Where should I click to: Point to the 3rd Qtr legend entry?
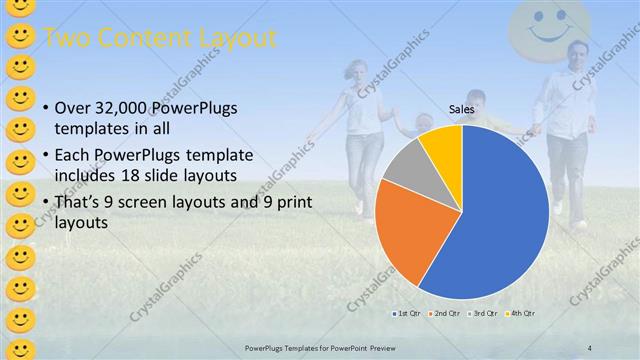point(483,314)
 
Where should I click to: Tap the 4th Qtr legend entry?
point(520,314)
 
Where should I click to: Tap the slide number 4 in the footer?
point(589,348)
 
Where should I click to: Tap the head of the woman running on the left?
point(360,73)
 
